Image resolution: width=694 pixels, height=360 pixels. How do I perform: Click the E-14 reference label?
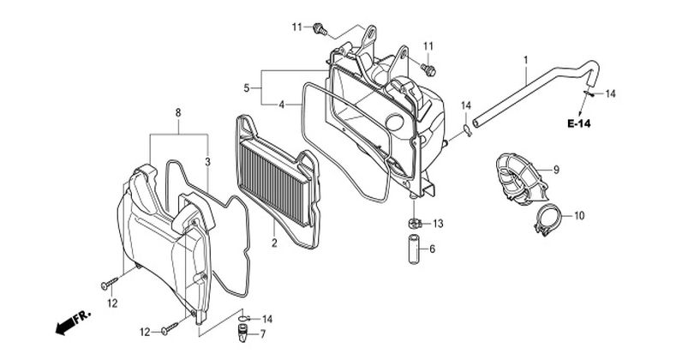[579, 123]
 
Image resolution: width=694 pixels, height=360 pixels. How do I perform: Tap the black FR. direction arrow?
[72, 322]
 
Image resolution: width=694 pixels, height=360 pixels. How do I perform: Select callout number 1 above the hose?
[526, 59]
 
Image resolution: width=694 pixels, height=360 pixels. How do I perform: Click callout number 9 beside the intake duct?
[556, 170]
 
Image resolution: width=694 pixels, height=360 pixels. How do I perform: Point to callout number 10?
[579, 216]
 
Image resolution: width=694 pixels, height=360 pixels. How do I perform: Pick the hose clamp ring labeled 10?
[548, 221]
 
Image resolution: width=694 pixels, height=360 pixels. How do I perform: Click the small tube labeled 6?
[414, 249]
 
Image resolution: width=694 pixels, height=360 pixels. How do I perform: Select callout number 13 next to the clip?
[438, 224]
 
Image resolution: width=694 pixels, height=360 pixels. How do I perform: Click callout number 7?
[263, 334]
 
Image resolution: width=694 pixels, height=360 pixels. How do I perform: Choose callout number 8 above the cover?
[178, 113]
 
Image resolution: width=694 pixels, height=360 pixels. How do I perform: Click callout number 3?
[207, 162]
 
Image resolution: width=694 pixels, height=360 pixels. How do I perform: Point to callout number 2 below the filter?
[274, 243]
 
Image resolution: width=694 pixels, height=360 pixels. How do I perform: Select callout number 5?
[247, 88]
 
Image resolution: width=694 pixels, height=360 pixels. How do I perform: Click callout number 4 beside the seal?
[281, 105]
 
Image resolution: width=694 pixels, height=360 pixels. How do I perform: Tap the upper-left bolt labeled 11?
[320, 29]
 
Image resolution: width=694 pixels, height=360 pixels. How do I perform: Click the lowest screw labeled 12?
[170, 328]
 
